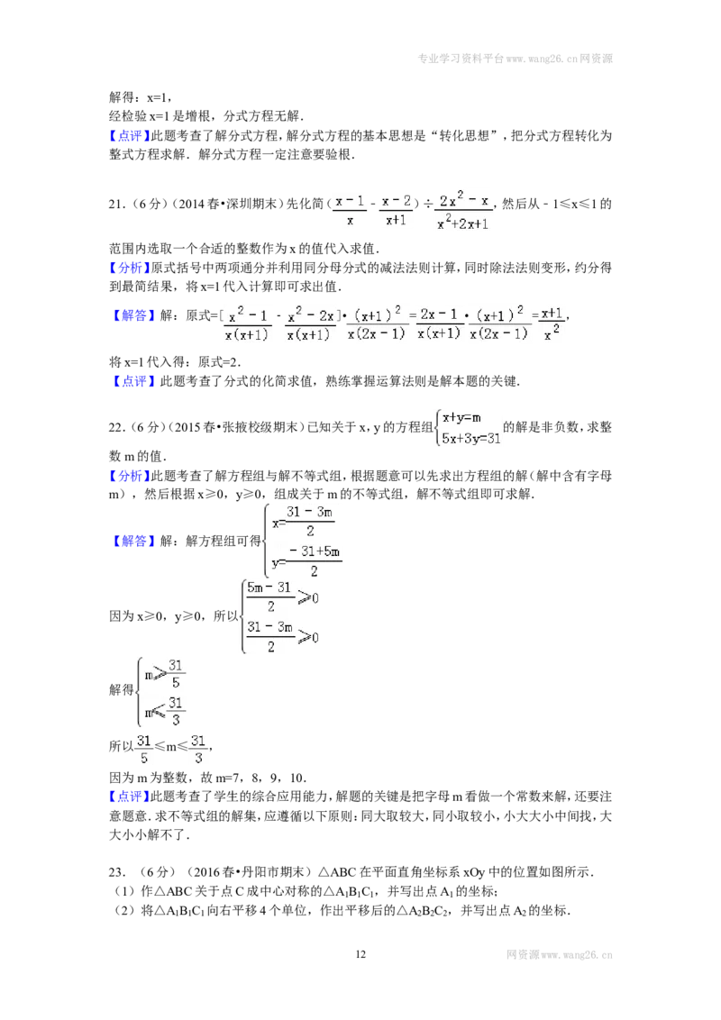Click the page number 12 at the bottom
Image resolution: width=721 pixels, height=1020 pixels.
coord(360,954)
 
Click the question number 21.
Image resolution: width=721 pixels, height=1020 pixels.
coord(116,204)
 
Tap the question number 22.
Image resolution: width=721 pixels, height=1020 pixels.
coord(116,427)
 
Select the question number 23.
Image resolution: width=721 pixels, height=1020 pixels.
coord(116,872)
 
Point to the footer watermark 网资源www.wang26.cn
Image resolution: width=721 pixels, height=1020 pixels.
coord(559,955)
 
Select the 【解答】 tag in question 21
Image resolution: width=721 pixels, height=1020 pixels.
coord(134,315)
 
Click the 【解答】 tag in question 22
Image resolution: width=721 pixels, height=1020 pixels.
coord(134,541)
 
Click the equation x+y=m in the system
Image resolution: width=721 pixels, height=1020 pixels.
coord(462,417)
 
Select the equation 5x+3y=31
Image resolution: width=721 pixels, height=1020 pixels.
coord(471,438)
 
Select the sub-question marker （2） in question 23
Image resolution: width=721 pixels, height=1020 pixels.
coord(124,911)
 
